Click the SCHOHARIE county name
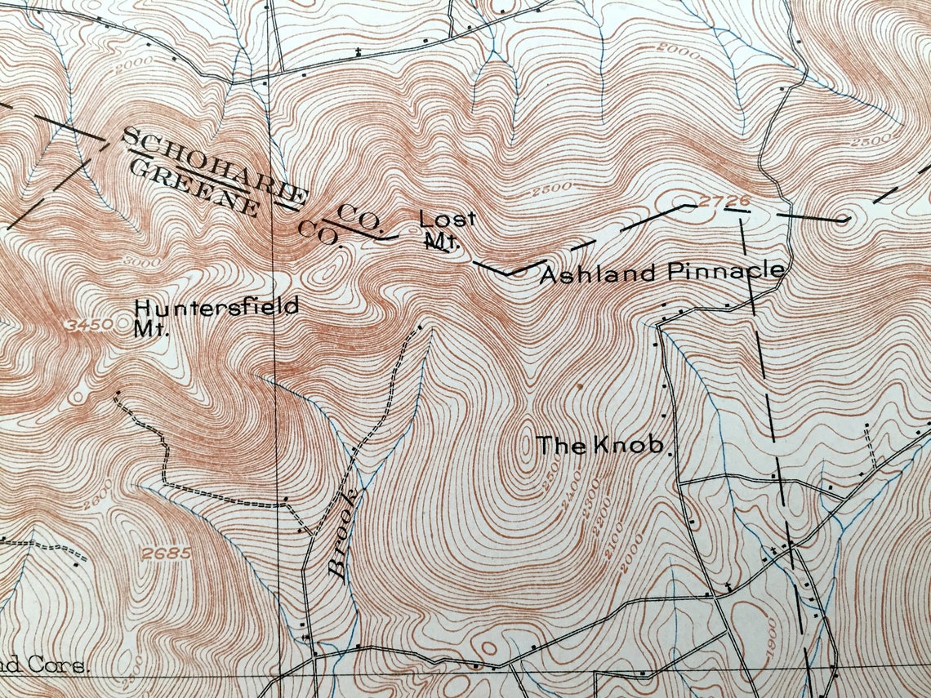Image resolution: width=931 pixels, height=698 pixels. point(215,167)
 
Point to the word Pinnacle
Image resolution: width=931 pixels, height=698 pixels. point(726,272)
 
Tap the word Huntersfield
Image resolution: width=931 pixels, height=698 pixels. point(216,308)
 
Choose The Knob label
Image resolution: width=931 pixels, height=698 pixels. point(603,446)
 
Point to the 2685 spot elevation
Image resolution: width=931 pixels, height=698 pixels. point(166,553)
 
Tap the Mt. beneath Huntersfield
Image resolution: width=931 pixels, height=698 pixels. point(150,331)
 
